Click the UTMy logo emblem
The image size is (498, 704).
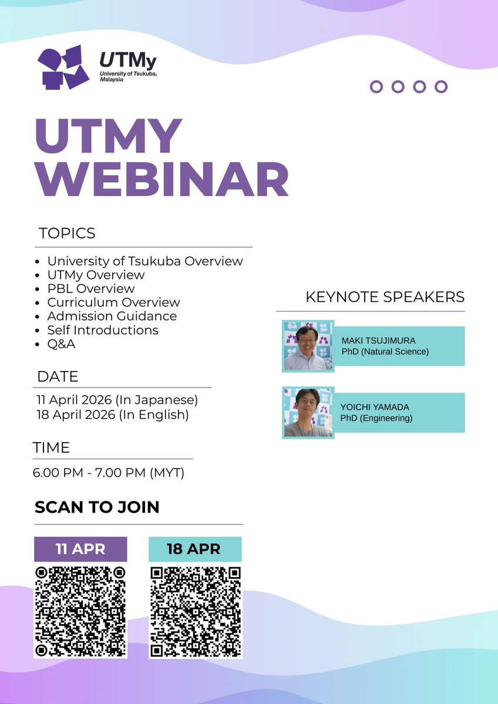coord(63,66)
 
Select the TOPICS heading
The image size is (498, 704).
coord(67,233)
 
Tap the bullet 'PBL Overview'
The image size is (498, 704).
coord(91,288)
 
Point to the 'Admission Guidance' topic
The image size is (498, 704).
coord(112,316)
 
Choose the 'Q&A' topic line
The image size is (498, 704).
coord(61,344)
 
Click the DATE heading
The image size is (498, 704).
coord(58,376)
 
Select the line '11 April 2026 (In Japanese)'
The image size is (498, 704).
coord(117,400)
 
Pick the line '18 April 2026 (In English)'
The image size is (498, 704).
coord(113,415)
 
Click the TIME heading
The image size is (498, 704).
coord(51,447)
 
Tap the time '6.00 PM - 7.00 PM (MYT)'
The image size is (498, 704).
coord(109,472)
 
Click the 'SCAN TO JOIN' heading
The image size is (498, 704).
coord(97,507)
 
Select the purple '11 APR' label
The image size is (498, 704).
coord(80,550)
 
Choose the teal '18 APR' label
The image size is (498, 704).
coord(194,550)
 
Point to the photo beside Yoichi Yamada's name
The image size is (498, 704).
coord(308,412)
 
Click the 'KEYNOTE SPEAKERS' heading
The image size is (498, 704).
coord(385,297)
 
